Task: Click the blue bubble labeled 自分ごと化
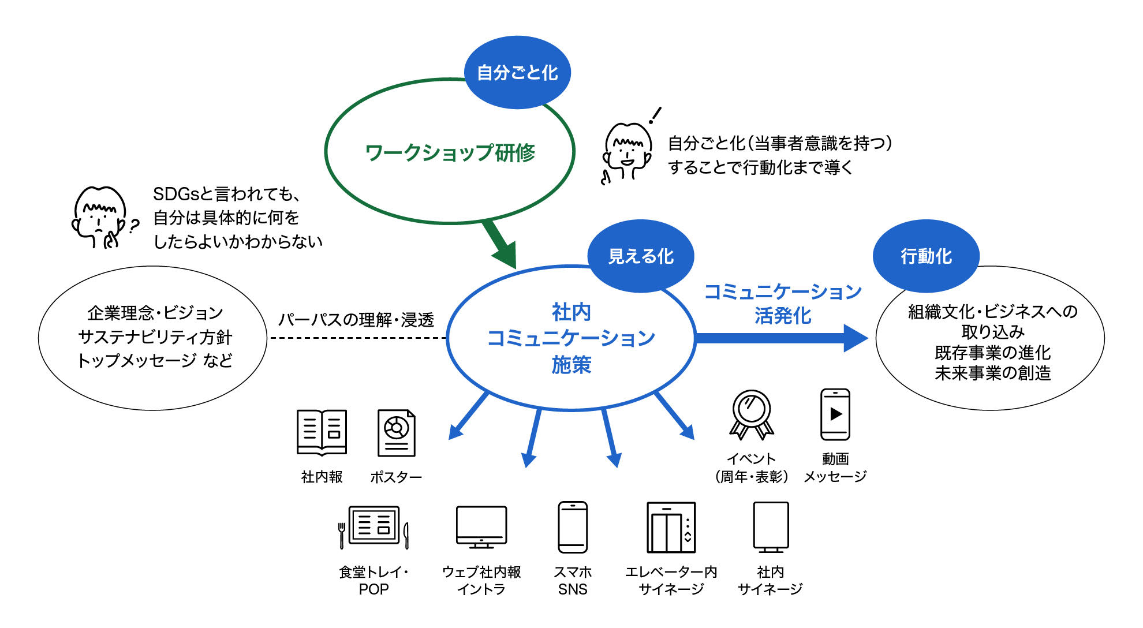point(517,73)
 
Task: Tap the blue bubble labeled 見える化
point(641,256)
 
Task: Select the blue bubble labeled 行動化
point(926,256)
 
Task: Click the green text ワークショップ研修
point(450,153)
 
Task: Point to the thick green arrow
point(500,244)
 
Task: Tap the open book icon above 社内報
point(322,432)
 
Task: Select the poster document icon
point(396,433)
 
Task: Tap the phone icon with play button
point(835,414)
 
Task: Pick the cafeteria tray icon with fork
point(374,526)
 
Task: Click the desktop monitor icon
point(481,527)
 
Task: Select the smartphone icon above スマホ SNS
point(573,527)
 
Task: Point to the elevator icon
point(671,527)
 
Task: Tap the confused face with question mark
point(102,218)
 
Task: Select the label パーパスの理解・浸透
point(356,320)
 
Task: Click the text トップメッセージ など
point(155,361)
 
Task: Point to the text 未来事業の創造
point(992,373)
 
